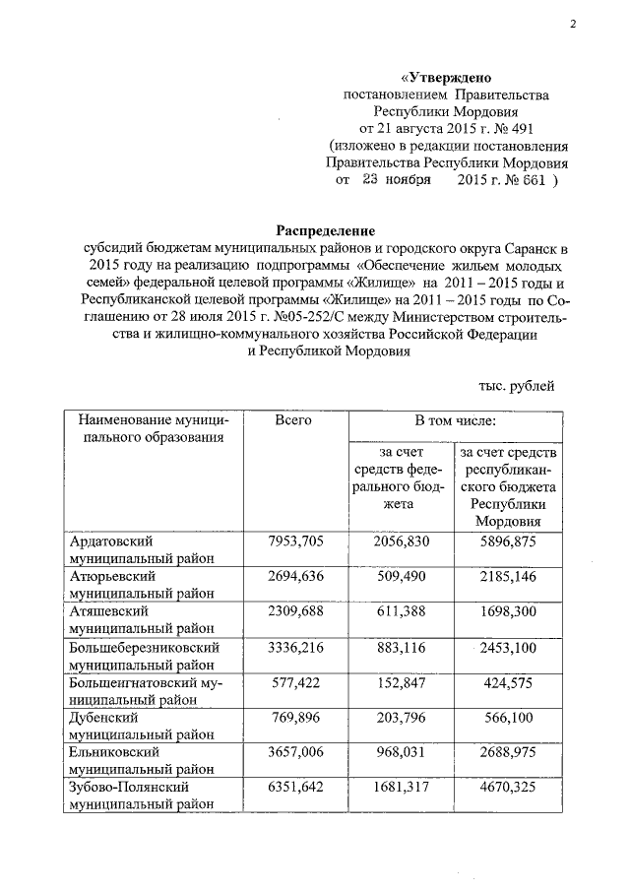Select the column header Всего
click(x=293, y=421)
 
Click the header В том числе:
click(x=455, y=421)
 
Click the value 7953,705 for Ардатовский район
click(x=294, y=541)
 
